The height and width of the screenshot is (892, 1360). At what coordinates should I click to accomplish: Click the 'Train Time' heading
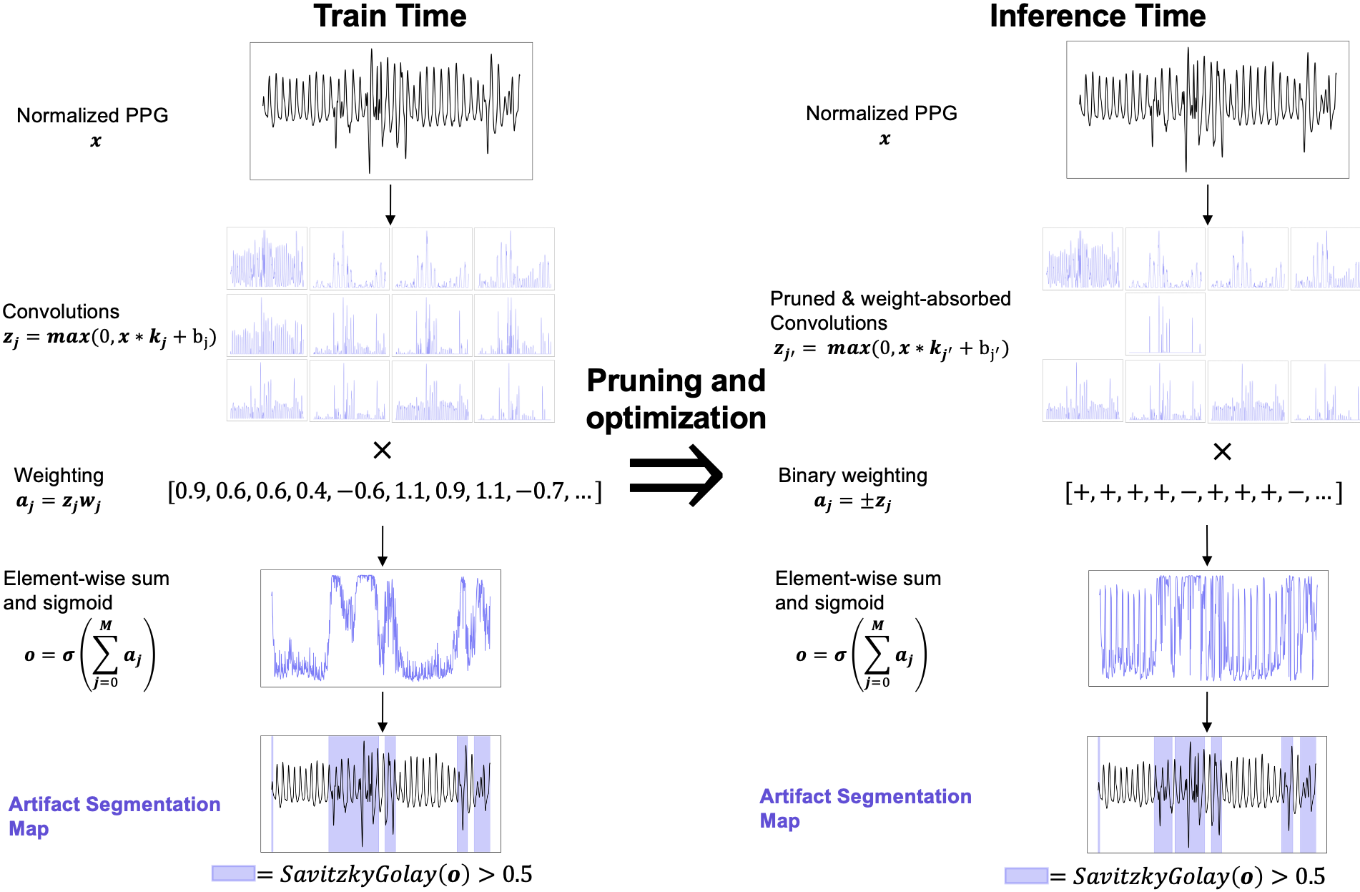pyautogui.click(x=390, y=16)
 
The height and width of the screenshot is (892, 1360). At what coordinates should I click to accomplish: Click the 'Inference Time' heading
pyautogui.click(x=1097, y=16)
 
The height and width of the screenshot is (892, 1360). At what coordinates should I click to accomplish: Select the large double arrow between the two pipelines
pyautogui.click(x=676, y=475)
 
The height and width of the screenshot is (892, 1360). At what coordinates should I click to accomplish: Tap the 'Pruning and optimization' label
pyautogui.click(x=676, y=399)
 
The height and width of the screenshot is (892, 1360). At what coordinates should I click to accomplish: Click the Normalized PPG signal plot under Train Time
pyautogui.click(x=390, y=111)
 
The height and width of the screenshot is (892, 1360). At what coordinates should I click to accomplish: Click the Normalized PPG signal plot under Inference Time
pyautogui.click(x=1207, y=109)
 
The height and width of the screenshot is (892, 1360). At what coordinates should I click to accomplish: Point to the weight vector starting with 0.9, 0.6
pyautogui.click(x=385, y=491)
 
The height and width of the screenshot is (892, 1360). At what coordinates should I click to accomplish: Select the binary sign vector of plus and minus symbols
pyautogui.click(x=1203, y=493)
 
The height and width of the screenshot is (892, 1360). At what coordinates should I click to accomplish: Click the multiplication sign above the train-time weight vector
pyautogui.click(x=383, y=450)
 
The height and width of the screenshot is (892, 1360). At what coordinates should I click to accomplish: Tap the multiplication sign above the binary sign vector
pyautogui.click(x=1222, y=451)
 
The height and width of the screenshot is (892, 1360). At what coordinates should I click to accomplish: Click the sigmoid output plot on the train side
pyautogui.click(x=380, y=628)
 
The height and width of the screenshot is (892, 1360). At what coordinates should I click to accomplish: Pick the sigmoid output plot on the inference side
pyautogui.click(x=1208, y=628)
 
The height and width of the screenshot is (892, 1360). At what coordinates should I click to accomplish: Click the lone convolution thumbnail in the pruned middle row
pyautogui.click(x=1165, y=324)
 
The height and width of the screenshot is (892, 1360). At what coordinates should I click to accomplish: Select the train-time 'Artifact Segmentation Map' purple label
pyautogui.click(x=114, y=816)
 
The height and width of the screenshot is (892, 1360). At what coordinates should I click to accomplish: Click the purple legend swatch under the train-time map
pyautogui.click(x=233, y=873)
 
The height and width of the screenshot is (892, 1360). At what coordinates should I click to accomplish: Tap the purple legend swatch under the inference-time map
pyautogui.click(x=1026, y=876)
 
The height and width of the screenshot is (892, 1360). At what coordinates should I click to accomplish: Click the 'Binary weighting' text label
pyautogui.click(x=852, y=476)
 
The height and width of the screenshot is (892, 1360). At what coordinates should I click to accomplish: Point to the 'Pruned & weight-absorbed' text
pyautogui.click(x=890, y=299)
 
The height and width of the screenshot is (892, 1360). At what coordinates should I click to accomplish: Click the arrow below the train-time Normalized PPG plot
pyautogui.click(x=390, y=205)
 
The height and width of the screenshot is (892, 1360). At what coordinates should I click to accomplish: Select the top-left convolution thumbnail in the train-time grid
pyautogui.click(x=267, y=258)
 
